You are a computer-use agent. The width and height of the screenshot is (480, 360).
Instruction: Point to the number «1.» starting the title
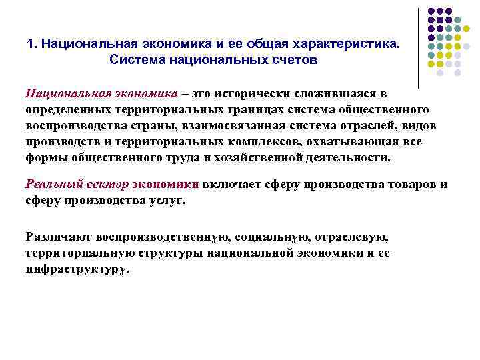point(32,44)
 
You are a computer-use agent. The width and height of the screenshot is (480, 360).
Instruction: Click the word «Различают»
point(59,237)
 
